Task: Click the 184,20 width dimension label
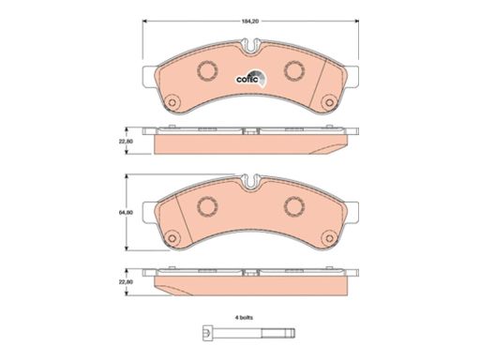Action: pyautogui.click(x=250, y=22)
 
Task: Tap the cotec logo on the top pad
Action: pyautogui.click(x=251, y=78)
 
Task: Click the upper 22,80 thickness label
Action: pyautogui.click(x=126, y=142)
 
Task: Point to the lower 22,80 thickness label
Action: pyautogui.click(x=126, y=282)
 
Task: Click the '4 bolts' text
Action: pyautogui.click(x=244, y=318)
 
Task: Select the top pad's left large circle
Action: pyautogui.click(x=207, y=70)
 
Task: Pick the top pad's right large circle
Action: pyautogui.click(x=294, y=70)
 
